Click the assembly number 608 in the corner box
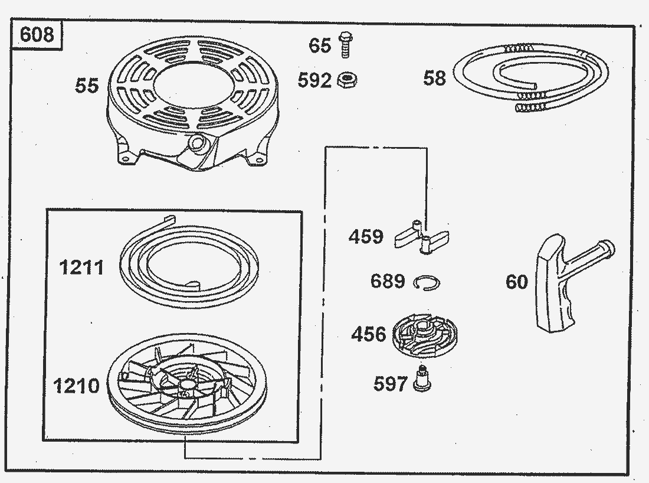point(37,34)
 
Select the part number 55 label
point(87,86)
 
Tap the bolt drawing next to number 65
point(345,45)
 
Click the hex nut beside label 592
point(348,80)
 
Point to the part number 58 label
point(435,78)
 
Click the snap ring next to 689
point(427,283)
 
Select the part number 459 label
point(366,237)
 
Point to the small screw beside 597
point(422,378)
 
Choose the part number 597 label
point(391,384)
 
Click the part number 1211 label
point(81,267)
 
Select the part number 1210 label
point(77,386)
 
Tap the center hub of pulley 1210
point(185,384)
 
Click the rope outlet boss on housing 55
point(197,143)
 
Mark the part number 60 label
point(517,282)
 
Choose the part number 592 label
point(314,80)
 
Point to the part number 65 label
point(320,45)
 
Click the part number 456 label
point(368,334)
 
